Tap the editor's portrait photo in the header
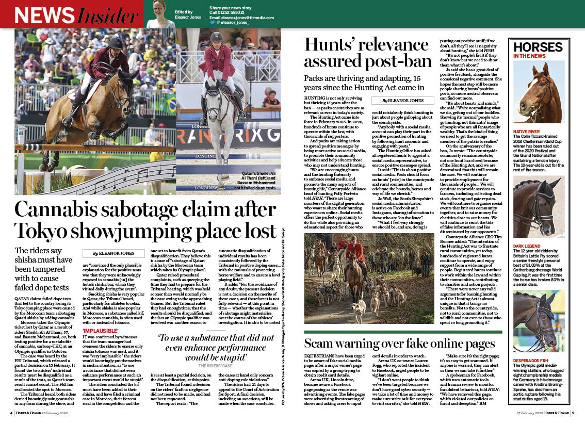161,14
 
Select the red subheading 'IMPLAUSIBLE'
102,330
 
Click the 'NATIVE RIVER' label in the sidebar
528,132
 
